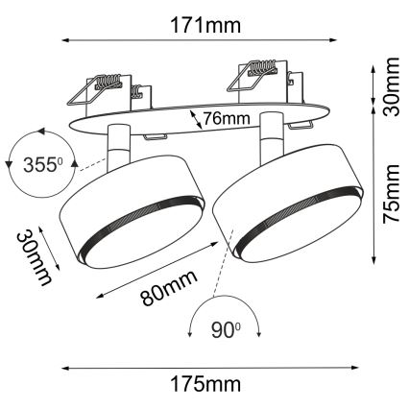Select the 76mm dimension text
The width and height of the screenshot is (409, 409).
[x=229, y=120]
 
